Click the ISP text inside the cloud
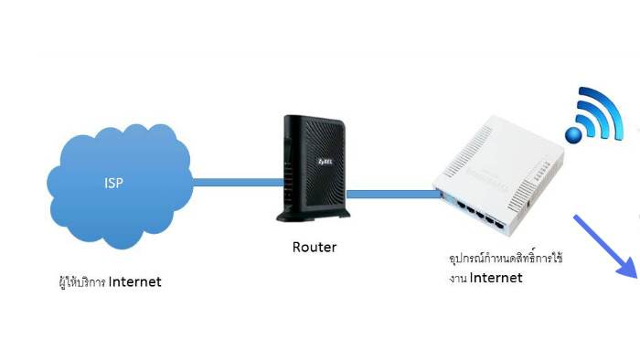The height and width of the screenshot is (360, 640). click(113, 183)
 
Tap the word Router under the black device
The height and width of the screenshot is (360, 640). click(315, 247)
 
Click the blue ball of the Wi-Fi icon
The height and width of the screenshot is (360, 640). click(573, 135)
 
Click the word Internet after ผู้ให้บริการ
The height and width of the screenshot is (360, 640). click(134, 281)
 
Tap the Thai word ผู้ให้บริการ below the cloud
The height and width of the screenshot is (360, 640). click(80, 281)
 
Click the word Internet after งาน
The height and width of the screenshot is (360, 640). click(496, 278)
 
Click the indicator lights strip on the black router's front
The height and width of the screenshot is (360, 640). click(290, 174)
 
